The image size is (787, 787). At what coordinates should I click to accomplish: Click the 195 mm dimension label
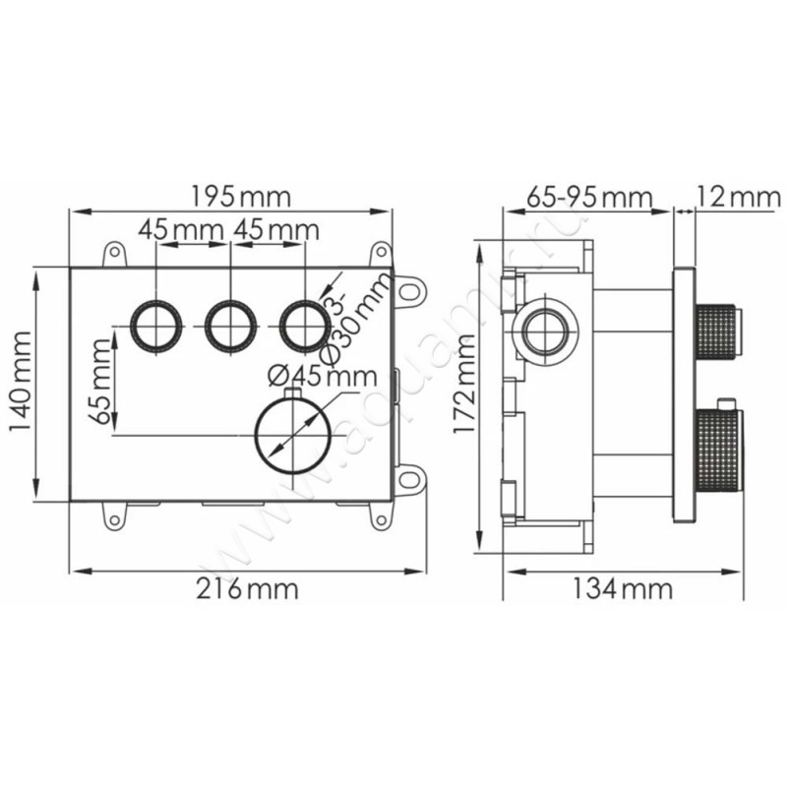240,196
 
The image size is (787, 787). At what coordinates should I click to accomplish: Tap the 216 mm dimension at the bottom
248,590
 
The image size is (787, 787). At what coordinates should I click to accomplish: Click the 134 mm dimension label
623,590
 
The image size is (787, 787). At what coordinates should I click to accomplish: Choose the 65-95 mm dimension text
589,196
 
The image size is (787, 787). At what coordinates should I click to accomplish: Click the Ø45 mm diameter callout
323,375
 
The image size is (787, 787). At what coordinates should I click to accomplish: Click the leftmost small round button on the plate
156,324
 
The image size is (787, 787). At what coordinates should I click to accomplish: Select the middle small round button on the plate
230,324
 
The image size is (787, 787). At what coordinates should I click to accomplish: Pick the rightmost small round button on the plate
303,324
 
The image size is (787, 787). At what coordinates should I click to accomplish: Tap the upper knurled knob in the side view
718,331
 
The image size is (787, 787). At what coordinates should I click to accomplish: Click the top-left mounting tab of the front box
116,253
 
